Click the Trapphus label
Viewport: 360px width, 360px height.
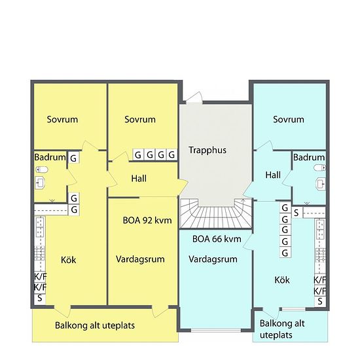[x=207, y=151]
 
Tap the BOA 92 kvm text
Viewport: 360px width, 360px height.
[x=147, y=221]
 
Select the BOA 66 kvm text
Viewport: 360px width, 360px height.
[x=217, y=239]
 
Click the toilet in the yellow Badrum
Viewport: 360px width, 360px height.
[x=42, y=170]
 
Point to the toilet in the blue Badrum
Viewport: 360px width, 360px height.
[x=319, y=168]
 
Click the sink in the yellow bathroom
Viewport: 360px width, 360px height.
[x=40, y=183]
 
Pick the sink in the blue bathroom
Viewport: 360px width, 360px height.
[x=321, y=184]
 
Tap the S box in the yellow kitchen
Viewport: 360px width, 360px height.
[x=40, y=298]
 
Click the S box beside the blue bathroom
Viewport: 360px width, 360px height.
[x=297, y=213]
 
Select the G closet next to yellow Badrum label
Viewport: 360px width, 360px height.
[x=73, y=158]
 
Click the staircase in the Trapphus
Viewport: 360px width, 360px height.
[x=216, y=213]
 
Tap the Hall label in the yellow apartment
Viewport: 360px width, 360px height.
[x=139, y=179]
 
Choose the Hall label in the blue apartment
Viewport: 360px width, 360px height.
[x=273, y=175]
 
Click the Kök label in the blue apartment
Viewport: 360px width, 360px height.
[x=282, y=280]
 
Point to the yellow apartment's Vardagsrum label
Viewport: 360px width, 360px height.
[x=140, y=259]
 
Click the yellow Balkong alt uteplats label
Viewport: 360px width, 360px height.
[x=95, y=325]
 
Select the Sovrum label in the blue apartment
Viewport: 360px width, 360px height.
[x=289, y=119]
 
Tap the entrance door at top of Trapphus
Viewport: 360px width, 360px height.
[x=194, y=98]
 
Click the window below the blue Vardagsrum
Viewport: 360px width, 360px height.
[x=216, y=330]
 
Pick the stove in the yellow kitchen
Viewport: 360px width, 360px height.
[x=39, y=253]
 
